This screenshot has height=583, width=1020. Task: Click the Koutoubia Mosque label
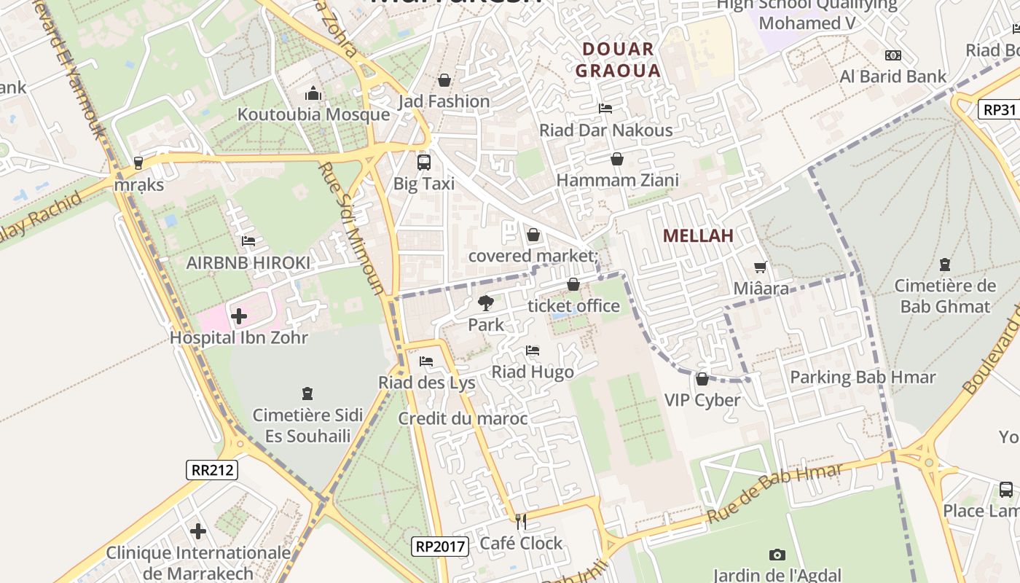313,114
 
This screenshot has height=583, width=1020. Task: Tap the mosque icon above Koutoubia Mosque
313,93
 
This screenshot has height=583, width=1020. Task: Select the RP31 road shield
999,109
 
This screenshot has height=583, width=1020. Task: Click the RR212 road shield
212,469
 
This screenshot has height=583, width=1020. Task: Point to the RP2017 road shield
439,546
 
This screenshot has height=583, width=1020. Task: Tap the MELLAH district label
697,235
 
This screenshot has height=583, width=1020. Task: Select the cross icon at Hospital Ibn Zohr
238,316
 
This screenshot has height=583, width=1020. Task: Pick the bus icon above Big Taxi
423,162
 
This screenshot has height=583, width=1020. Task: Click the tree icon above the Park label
485,302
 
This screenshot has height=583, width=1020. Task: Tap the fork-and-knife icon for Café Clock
521,521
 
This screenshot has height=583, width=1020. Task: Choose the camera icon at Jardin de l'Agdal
777,555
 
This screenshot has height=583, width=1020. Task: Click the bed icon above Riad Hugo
533,351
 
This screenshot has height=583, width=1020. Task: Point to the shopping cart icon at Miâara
761,267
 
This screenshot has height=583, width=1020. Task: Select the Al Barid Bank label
892,77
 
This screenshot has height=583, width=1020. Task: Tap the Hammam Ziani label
617,180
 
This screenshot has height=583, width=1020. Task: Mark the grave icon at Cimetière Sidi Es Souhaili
307,394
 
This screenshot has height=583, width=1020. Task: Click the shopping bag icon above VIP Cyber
702,379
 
